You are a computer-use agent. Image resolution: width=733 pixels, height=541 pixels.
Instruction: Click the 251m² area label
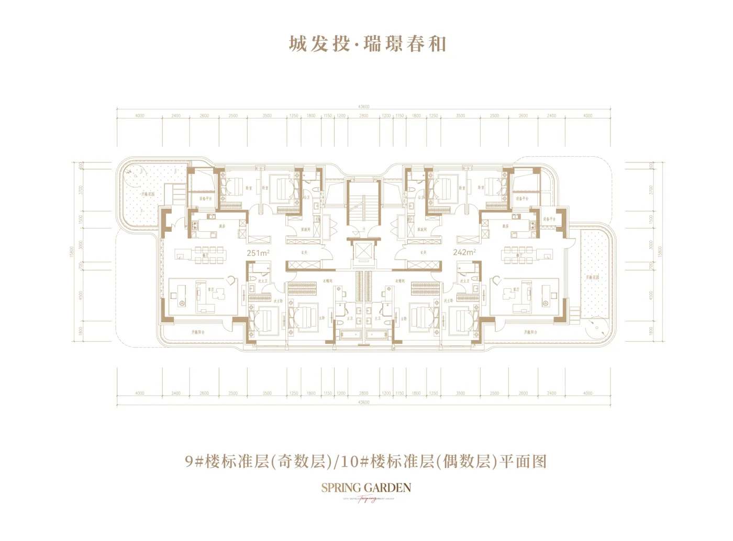pos(258,253)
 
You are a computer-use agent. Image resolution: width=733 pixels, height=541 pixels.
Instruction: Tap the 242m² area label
pos(464,252)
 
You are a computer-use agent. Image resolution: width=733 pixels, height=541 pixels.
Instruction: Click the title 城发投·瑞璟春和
pos(367,44)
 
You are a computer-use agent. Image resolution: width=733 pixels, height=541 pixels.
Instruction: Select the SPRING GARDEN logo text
pos(366,488)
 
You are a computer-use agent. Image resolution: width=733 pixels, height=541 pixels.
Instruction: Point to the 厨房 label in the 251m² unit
pos(222,226)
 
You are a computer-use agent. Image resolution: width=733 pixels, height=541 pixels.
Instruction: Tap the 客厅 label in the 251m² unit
pos(212,289)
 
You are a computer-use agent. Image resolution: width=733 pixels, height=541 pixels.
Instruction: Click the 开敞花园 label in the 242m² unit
pos(592,277)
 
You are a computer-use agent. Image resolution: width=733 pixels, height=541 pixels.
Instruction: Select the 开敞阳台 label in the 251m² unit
pos(198,332)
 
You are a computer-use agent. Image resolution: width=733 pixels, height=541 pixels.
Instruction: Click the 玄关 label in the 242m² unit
pos(423,253)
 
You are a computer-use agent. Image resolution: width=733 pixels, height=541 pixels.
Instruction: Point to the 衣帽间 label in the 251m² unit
pos(327,282)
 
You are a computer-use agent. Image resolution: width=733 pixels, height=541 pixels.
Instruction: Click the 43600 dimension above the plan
pos(363,106)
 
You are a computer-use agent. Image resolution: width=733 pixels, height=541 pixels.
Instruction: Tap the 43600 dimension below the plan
pos(363,403)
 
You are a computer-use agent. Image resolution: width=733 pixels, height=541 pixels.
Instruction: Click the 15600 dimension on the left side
pos(71,252)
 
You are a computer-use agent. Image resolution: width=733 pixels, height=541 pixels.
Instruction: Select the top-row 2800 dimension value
pos(363,116)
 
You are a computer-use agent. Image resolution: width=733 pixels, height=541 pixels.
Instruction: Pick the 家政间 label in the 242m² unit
pos(422,230)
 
